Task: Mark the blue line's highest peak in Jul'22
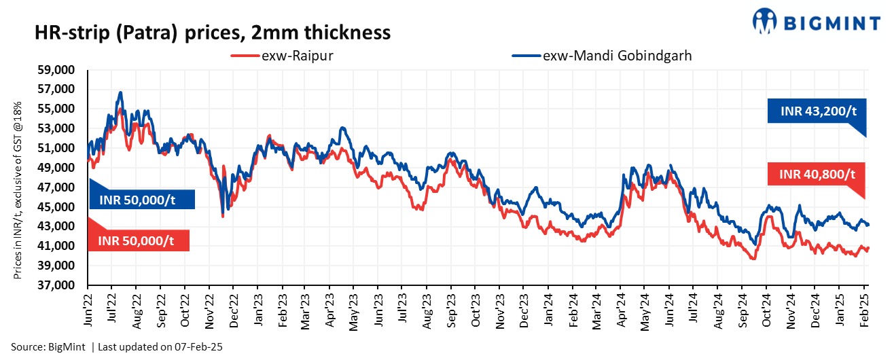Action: tap(120, 92)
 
